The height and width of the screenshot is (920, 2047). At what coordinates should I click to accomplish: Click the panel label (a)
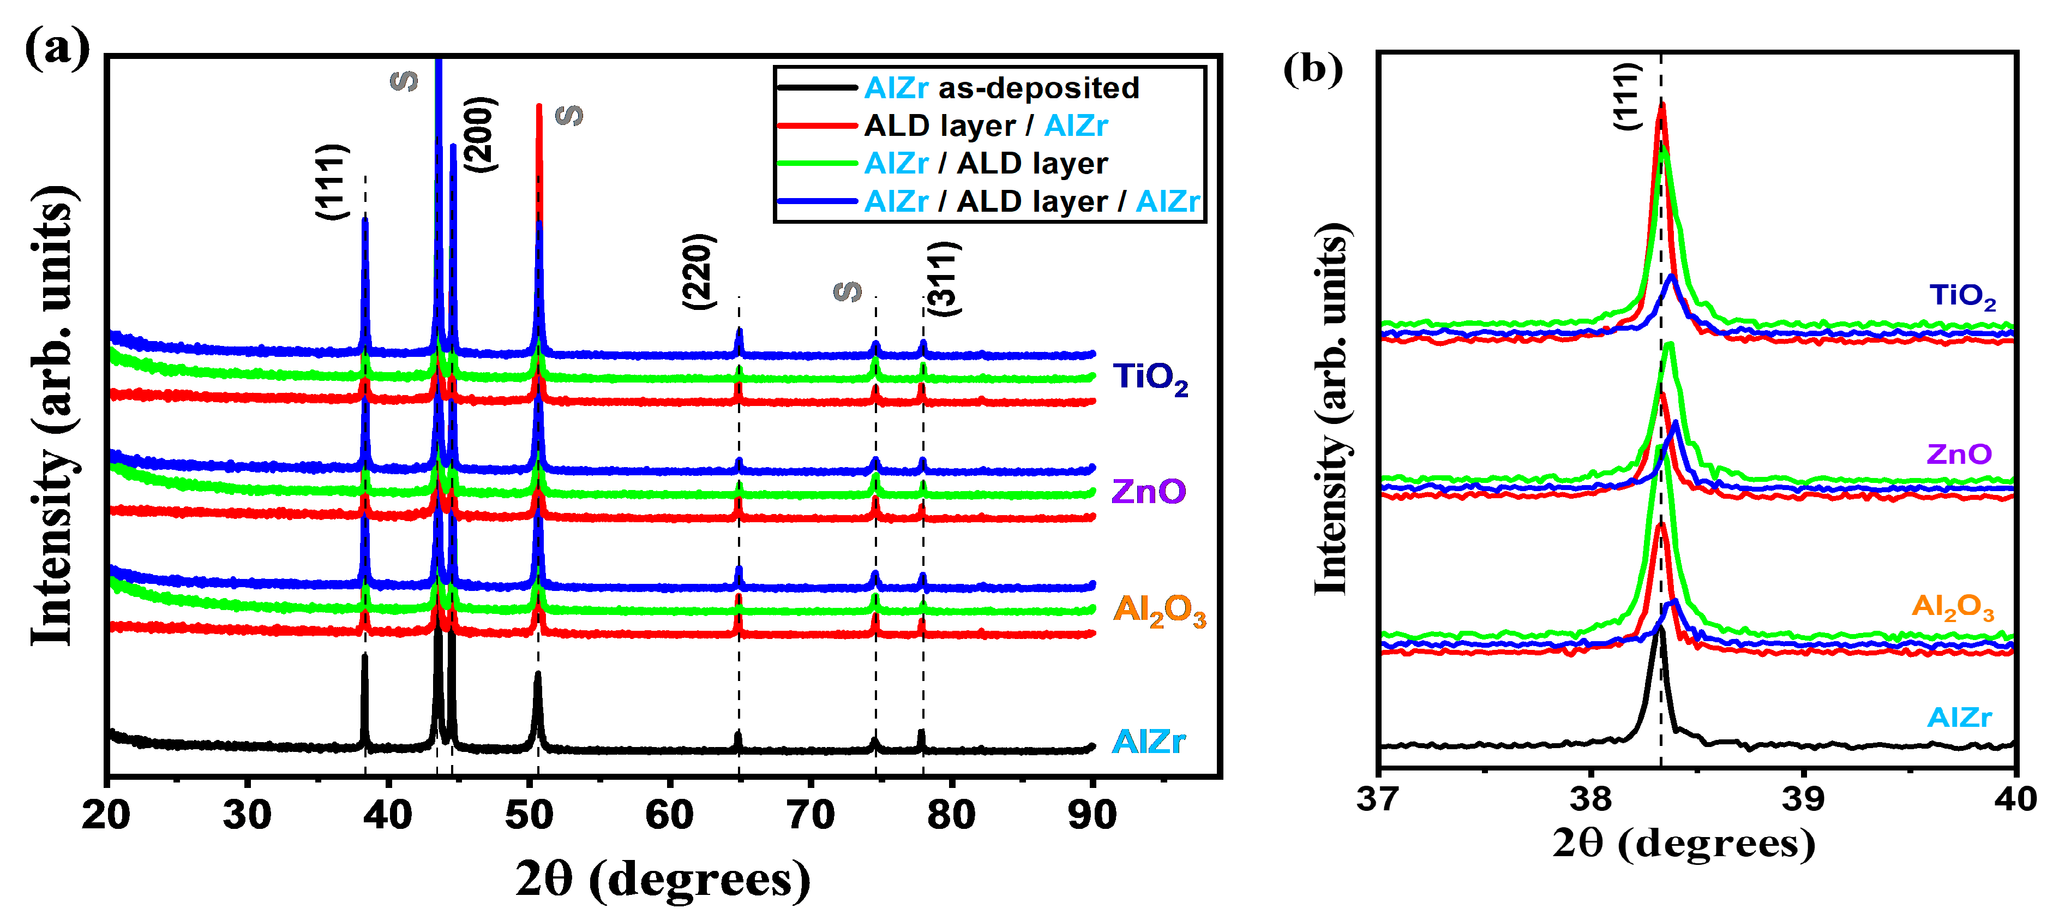(x=57, y=49)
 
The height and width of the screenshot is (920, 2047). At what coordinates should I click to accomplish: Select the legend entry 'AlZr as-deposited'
(x=1001, y=87)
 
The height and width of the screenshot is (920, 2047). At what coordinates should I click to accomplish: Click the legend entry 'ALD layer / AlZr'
(x=986, y=126)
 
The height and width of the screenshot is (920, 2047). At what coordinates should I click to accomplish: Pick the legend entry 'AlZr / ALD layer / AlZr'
(x=1031, y=201)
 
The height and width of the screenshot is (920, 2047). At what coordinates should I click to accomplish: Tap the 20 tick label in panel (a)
(x=106, y=815)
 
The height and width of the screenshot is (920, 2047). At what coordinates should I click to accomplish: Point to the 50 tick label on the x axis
(x=529, y=815)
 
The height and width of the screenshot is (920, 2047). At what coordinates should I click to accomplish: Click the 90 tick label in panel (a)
(x=1092, y=815)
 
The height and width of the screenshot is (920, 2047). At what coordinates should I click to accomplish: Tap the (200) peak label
(x=480, y=134)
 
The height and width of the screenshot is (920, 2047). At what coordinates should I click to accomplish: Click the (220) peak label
(x=699, y=271)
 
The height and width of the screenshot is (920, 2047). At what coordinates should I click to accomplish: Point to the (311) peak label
(x=944, y=278)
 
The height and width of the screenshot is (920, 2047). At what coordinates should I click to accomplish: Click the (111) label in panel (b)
(x=1628, y=95)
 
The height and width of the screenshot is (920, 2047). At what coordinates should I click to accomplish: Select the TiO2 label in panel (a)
(x=1150, y=378)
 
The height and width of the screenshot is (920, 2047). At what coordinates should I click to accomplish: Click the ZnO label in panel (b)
(x=1959, y=454)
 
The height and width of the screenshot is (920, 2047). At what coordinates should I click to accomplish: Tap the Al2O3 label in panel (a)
(x=1160, y=611)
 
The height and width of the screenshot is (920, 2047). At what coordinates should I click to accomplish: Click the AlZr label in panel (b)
(x=1959, y=717)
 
